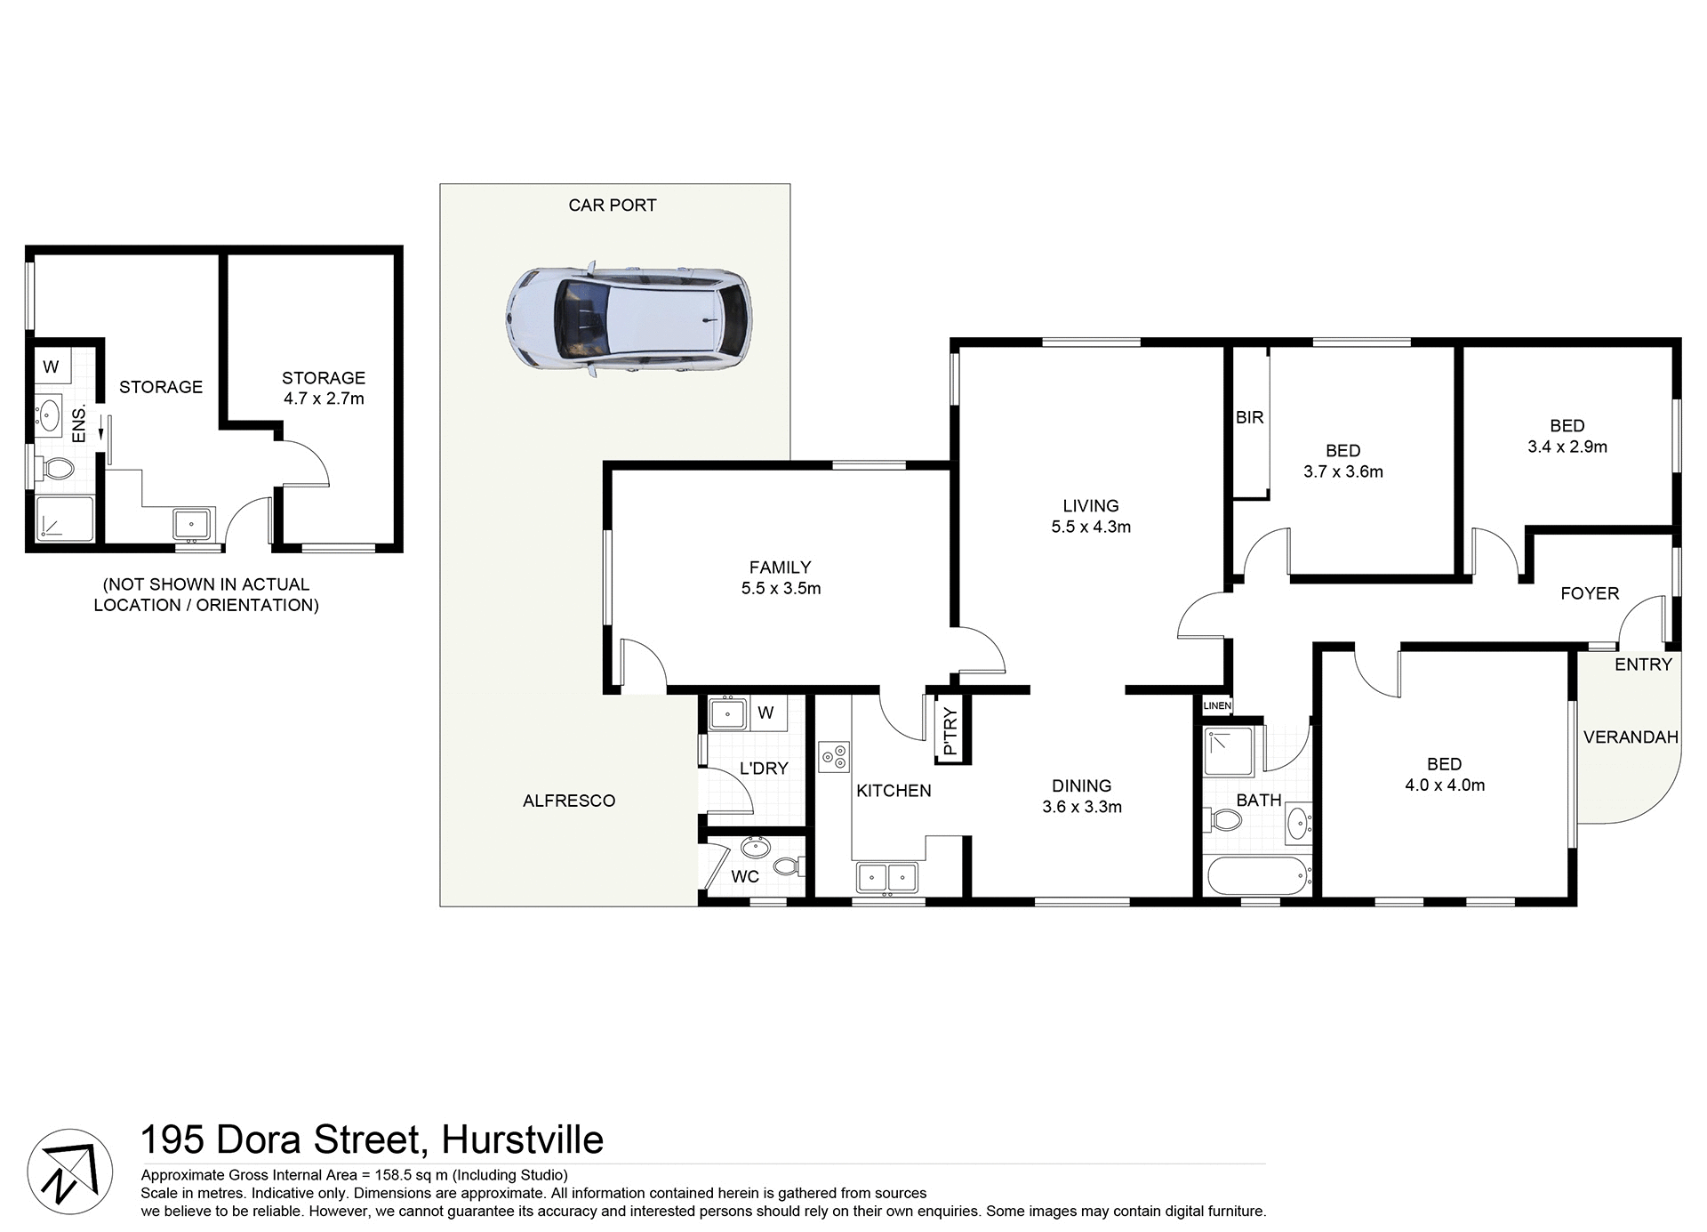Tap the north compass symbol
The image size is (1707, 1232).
pos(69,1172)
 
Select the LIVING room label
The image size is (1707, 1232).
pos(1090,505)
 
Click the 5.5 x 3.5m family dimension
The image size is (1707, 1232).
pos(781,588)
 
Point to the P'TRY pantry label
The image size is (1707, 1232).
pos(950,730)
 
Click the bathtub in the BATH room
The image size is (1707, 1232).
pos(1258,877)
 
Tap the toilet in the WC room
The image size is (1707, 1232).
pos(788,866)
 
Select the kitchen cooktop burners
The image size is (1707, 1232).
pos(834,757)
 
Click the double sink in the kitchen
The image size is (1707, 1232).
pos(886,877)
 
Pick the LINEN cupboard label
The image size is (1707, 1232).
pos(1217,705)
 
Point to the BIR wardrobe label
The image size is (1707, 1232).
pos(1249,417)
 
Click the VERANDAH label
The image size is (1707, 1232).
pos(1631,737)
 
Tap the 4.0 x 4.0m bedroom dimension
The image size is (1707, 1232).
pos(1444,785)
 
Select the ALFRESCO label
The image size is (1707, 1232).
pos(569,801)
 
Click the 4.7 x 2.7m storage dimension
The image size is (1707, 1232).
pos(324,399)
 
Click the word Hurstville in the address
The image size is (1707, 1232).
pos(522,1139)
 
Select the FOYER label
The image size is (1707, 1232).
pos(1590,593)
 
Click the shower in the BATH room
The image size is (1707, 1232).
pos(1230,751)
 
